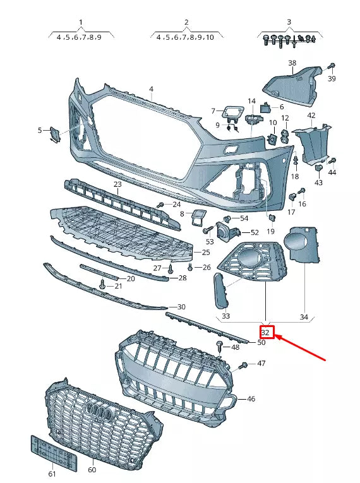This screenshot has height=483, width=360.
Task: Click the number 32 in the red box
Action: coord(266,332)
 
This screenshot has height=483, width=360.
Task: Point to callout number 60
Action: coord(92,470)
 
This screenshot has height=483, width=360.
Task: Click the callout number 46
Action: coord(251,399)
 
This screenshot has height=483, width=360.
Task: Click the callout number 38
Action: coord(292,63)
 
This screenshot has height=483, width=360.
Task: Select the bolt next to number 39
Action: coord(332,66)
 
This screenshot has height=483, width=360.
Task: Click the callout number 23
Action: coord(117,184)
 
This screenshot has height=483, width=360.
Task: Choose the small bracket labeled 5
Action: coord(56,133)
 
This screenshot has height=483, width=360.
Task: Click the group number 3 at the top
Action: coord(289,22)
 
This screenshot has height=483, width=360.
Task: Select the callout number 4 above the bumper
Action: coord(151,89)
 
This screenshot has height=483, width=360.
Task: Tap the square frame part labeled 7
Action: coord(230,114)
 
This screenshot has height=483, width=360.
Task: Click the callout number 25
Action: coord(206,253)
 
